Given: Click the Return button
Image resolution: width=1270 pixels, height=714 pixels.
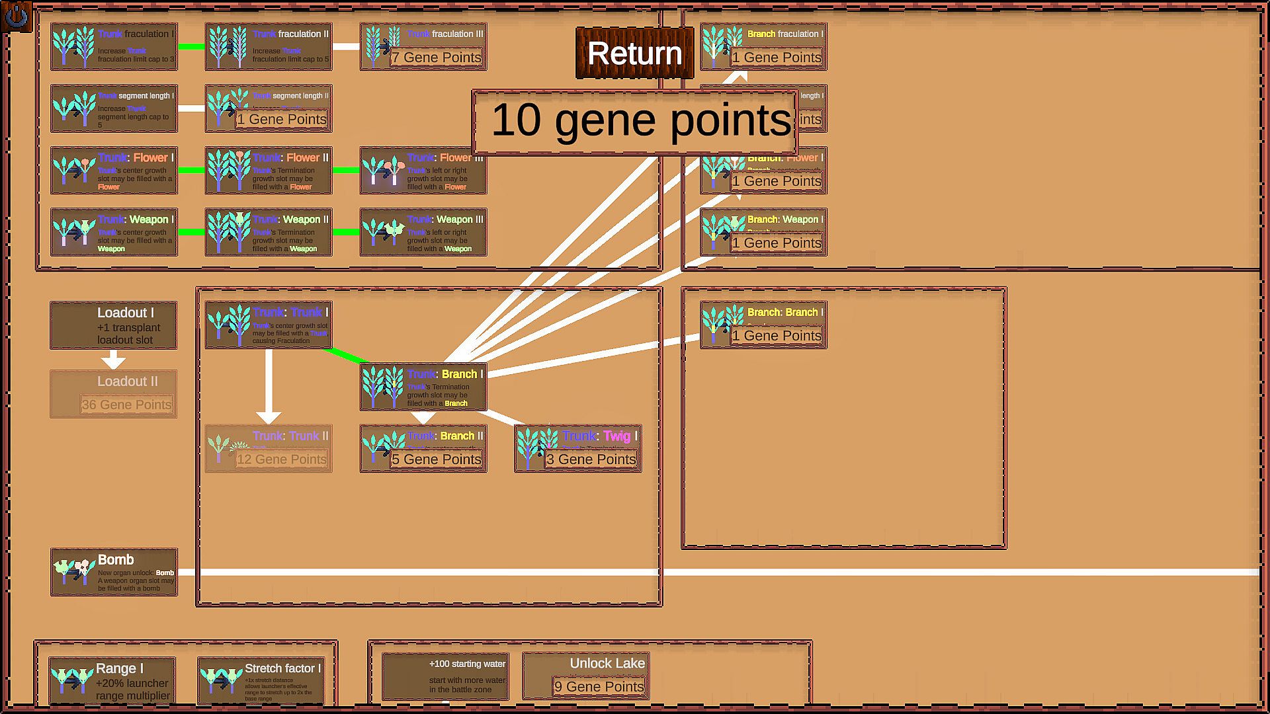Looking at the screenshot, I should [634, 53].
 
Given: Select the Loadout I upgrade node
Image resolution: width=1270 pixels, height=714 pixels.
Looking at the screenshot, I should [114, 325].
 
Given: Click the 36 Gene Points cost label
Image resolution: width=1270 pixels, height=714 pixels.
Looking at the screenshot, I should [126, 405].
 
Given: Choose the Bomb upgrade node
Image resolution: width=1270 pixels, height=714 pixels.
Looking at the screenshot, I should [114, 572].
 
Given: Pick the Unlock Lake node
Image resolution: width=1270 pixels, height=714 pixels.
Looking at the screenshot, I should [585, 675].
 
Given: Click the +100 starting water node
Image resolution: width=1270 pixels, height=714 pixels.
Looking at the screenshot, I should [445, 676].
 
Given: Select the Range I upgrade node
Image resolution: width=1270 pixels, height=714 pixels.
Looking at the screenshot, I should [112, 680].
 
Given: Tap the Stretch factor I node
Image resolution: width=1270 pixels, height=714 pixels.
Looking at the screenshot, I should [261, 680].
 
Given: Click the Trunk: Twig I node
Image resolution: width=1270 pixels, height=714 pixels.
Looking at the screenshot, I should [577, 448].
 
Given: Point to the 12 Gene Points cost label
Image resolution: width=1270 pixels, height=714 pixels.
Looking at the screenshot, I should [282, 459].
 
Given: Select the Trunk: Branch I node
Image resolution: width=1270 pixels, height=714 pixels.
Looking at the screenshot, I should [423, 387].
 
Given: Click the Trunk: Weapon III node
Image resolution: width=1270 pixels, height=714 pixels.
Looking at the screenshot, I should [423, 232].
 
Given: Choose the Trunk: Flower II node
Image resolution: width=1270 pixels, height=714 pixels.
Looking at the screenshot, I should [269, 171].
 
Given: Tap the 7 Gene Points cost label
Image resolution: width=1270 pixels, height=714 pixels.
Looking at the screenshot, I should [437, 58].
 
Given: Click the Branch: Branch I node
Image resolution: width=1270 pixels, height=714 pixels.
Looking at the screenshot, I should [763, 325].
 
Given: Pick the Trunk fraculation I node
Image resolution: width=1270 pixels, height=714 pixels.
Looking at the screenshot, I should [114, 46].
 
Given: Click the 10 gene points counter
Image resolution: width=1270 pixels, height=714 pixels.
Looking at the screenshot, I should [635, 122].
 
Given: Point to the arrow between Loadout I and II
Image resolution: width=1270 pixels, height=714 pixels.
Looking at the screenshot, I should [114, 360].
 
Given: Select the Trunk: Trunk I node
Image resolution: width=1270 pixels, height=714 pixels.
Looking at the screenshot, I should [269, 325].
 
